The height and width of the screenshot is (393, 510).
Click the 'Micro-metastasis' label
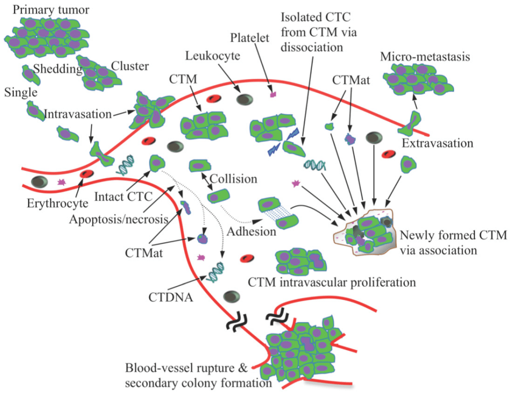click(424, 57)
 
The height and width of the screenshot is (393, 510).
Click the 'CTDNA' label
click(170, 298)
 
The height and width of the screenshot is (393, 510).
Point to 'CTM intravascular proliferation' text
click(331, 282)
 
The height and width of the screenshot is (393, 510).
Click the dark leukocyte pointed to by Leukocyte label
click(244, 100)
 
